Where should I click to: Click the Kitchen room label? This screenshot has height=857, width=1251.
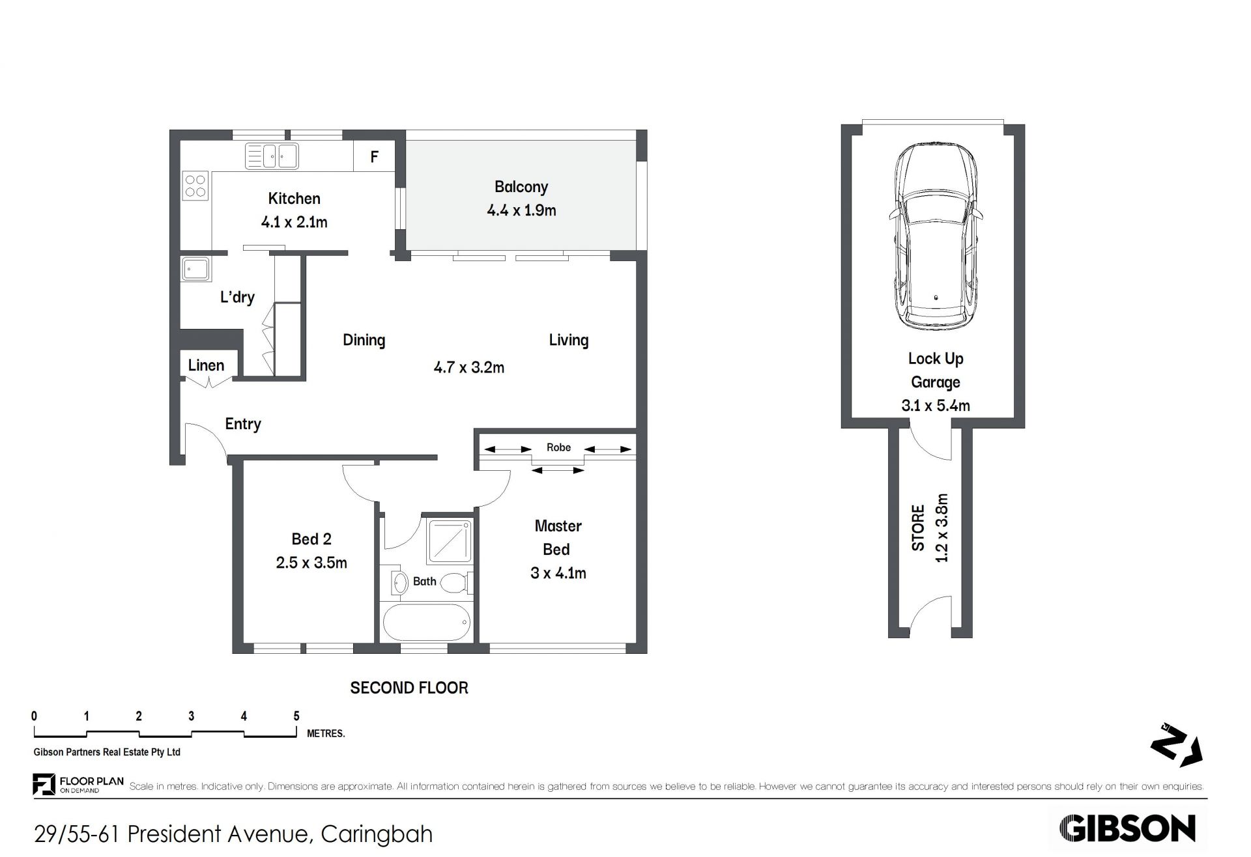pyautogui.click(x=294, y=199)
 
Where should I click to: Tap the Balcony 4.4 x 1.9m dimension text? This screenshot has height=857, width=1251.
pyautogui.click(x=521, y=210)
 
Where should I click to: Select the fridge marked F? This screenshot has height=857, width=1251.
pyautogui.click(x=375, y=156)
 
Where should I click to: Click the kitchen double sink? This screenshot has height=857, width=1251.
pyautogui.click(x=272, y=156)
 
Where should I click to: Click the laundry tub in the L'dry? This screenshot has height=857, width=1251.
pyautogui.click(x=195, y=269)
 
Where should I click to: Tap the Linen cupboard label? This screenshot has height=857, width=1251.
pyautogui.click(x=206, y=365)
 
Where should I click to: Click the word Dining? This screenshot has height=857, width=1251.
pyautogui.click(x=364, y=341)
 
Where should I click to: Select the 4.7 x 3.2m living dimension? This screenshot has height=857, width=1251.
pyautogui.click(x=469, y=367)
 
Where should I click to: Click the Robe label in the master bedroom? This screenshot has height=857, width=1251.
pyautogui.click(x=559, y=447)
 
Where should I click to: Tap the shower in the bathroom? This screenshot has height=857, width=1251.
pyautogui.click(x=450, y=541)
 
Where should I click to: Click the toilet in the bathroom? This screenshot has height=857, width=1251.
pyautogui.click(x=455, y=582)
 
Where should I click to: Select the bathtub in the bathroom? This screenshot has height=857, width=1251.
pyautogui.click(x=427, y=622)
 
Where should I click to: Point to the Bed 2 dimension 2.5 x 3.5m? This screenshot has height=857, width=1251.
pyautogui.click(x=311, y=563)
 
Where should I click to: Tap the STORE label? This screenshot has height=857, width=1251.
pyautogui.click(x=918, y=528)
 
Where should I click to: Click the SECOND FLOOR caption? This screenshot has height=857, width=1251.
pyautogui.click(x=409, y=688)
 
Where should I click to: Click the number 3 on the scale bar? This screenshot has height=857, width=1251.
pyautogui.click(x=191, y=716)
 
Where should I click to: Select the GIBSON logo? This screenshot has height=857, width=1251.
pyautogui.click(x=1127, y=829)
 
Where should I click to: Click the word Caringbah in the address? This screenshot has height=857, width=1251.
pyautogui.click(x=377, y=834)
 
